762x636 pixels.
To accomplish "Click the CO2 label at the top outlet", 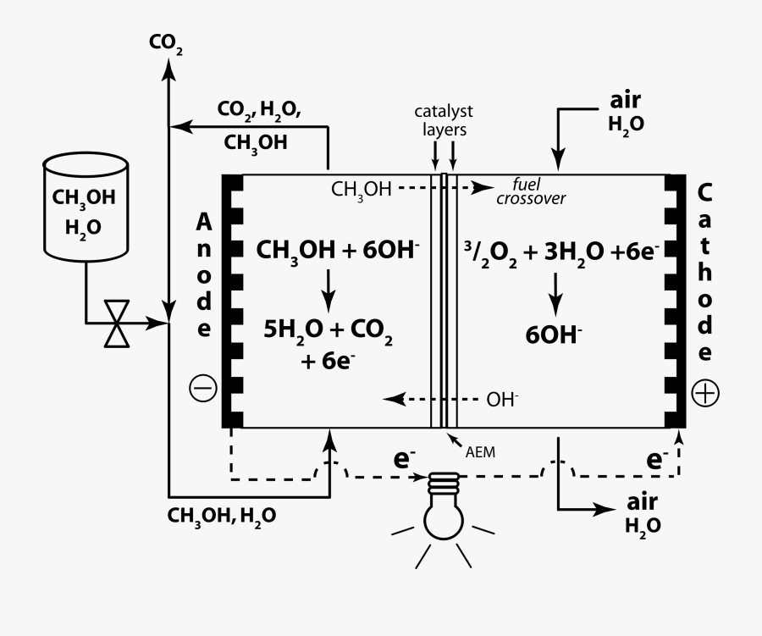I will point(166,41).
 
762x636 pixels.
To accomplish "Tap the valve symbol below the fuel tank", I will point(116,323).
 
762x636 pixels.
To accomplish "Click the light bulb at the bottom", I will point(444,508).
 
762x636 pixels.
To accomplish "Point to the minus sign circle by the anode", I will point(203,388).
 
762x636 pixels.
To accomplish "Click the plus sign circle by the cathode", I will point(704,393).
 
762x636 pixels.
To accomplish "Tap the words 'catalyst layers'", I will point(444,121).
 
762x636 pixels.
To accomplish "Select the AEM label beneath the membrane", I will point(480,452).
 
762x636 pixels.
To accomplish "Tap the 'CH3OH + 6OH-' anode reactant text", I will point(338,250).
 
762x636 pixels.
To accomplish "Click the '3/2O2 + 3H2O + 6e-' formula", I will point(562,250).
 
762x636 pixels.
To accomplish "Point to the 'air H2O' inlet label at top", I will point(626,112).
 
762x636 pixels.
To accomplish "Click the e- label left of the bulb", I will point(404,459).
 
